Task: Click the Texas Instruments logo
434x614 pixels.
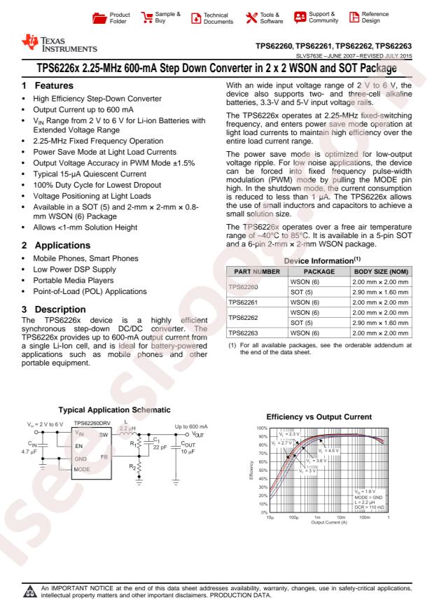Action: (48, 48)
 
